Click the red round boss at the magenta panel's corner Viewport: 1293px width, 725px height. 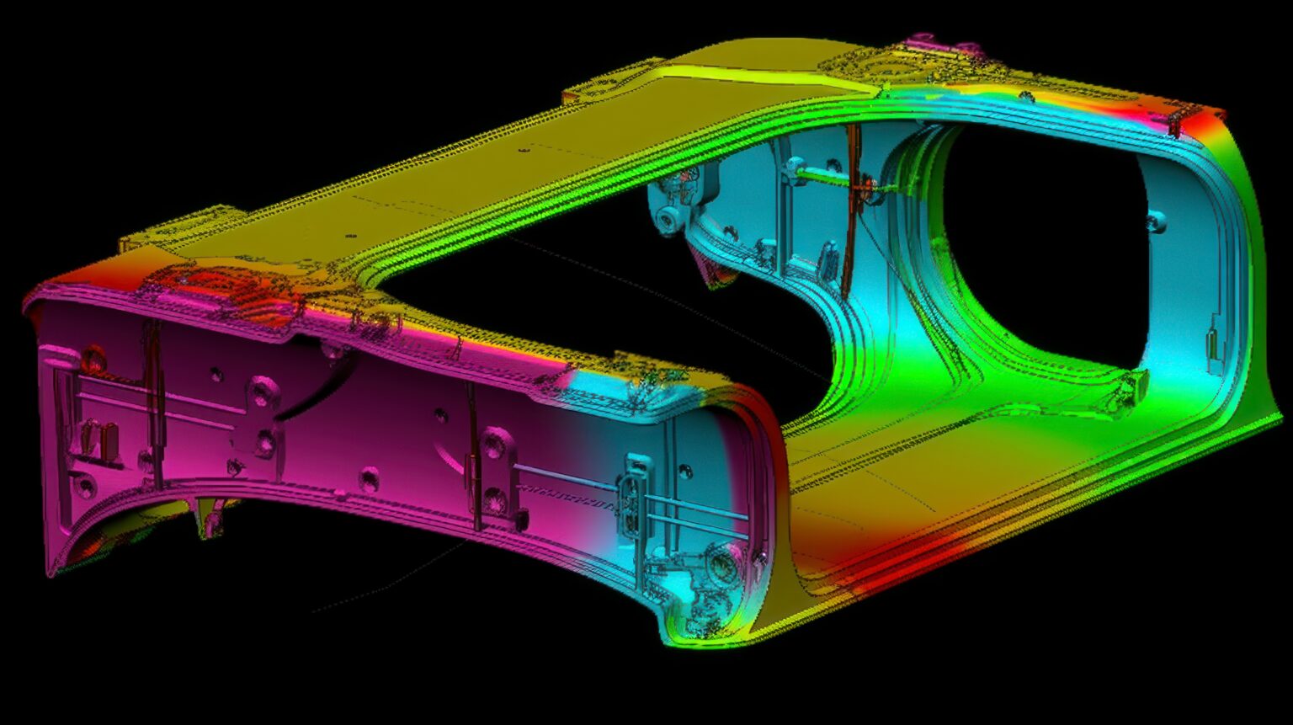93,358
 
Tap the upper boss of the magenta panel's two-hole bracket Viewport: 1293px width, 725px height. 263,393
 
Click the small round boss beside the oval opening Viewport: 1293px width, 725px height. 1157,222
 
